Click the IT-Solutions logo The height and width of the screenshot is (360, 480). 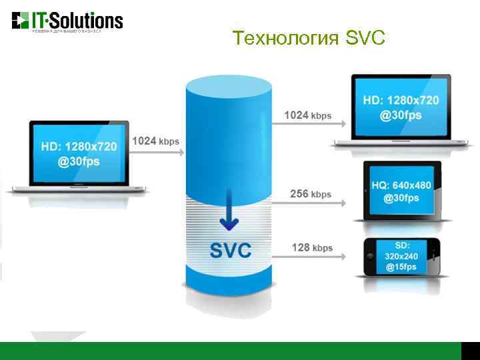click(67, 21)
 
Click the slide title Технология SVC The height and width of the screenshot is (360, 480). click(309, 38)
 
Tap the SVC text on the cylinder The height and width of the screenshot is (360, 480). click(231, 250)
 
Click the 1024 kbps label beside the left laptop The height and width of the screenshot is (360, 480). click(155, 141)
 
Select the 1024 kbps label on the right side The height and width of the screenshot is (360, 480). click(307, 115)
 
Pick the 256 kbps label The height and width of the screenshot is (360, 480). click(310, 194)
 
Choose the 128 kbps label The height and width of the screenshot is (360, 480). click(311, 248)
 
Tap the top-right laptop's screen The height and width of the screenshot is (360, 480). click(401, 107)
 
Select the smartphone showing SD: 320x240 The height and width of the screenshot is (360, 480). click(401, 255)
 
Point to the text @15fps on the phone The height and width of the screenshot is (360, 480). click(401, 267)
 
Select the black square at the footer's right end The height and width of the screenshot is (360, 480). click(471, 351)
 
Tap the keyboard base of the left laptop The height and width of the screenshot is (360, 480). click(77, 189)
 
